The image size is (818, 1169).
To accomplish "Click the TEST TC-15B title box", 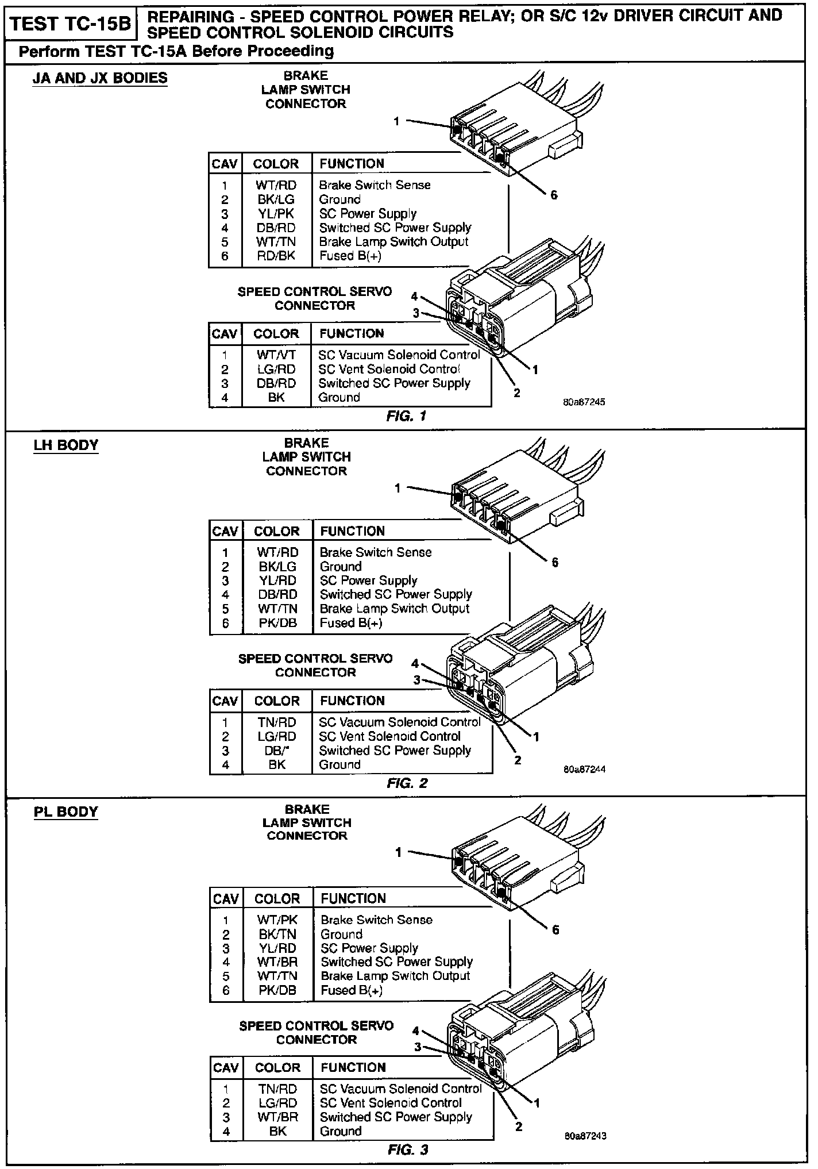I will point(70,24).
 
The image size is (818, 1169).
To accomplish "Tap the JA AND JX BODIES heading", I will point(100,78).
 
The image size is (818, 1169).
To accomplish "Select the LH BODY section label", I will point(66,445).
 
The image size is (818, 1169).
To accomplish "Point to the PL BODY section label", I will point(66,812).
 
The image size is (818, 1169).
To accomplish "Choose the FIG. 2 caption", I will point(407,783).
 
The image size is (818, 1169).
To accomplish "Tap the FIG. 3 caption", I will point(408,1149).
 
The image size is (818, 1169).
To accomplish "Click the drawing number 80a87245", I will point(584,402).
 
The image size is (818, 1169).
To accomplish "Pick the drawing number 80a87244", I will point(584,769).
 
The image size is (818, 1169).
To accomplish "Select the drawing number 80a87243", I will point(585,1136).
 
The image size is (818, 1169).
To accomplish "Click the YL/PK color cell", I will point(276,214).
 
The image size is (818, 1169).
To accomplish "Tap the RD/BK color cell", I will point(276,256).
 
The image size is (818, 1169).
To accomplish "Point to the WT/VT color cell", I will point(276,355).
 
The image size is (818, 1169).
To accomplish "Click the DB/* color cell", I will point(276,751).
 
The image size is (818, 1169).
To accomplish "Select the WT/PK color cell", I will point(277,920).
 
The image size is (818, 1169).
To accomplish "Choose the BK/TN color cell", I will point(277,934).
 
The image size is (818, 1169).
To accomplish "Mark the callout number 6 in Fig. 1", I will point(554,195).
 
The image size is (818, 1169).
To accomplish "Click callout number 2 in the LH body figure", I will point(518,760).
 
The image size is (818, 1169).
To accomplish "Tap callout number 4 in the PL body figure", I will point(416,1030).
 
